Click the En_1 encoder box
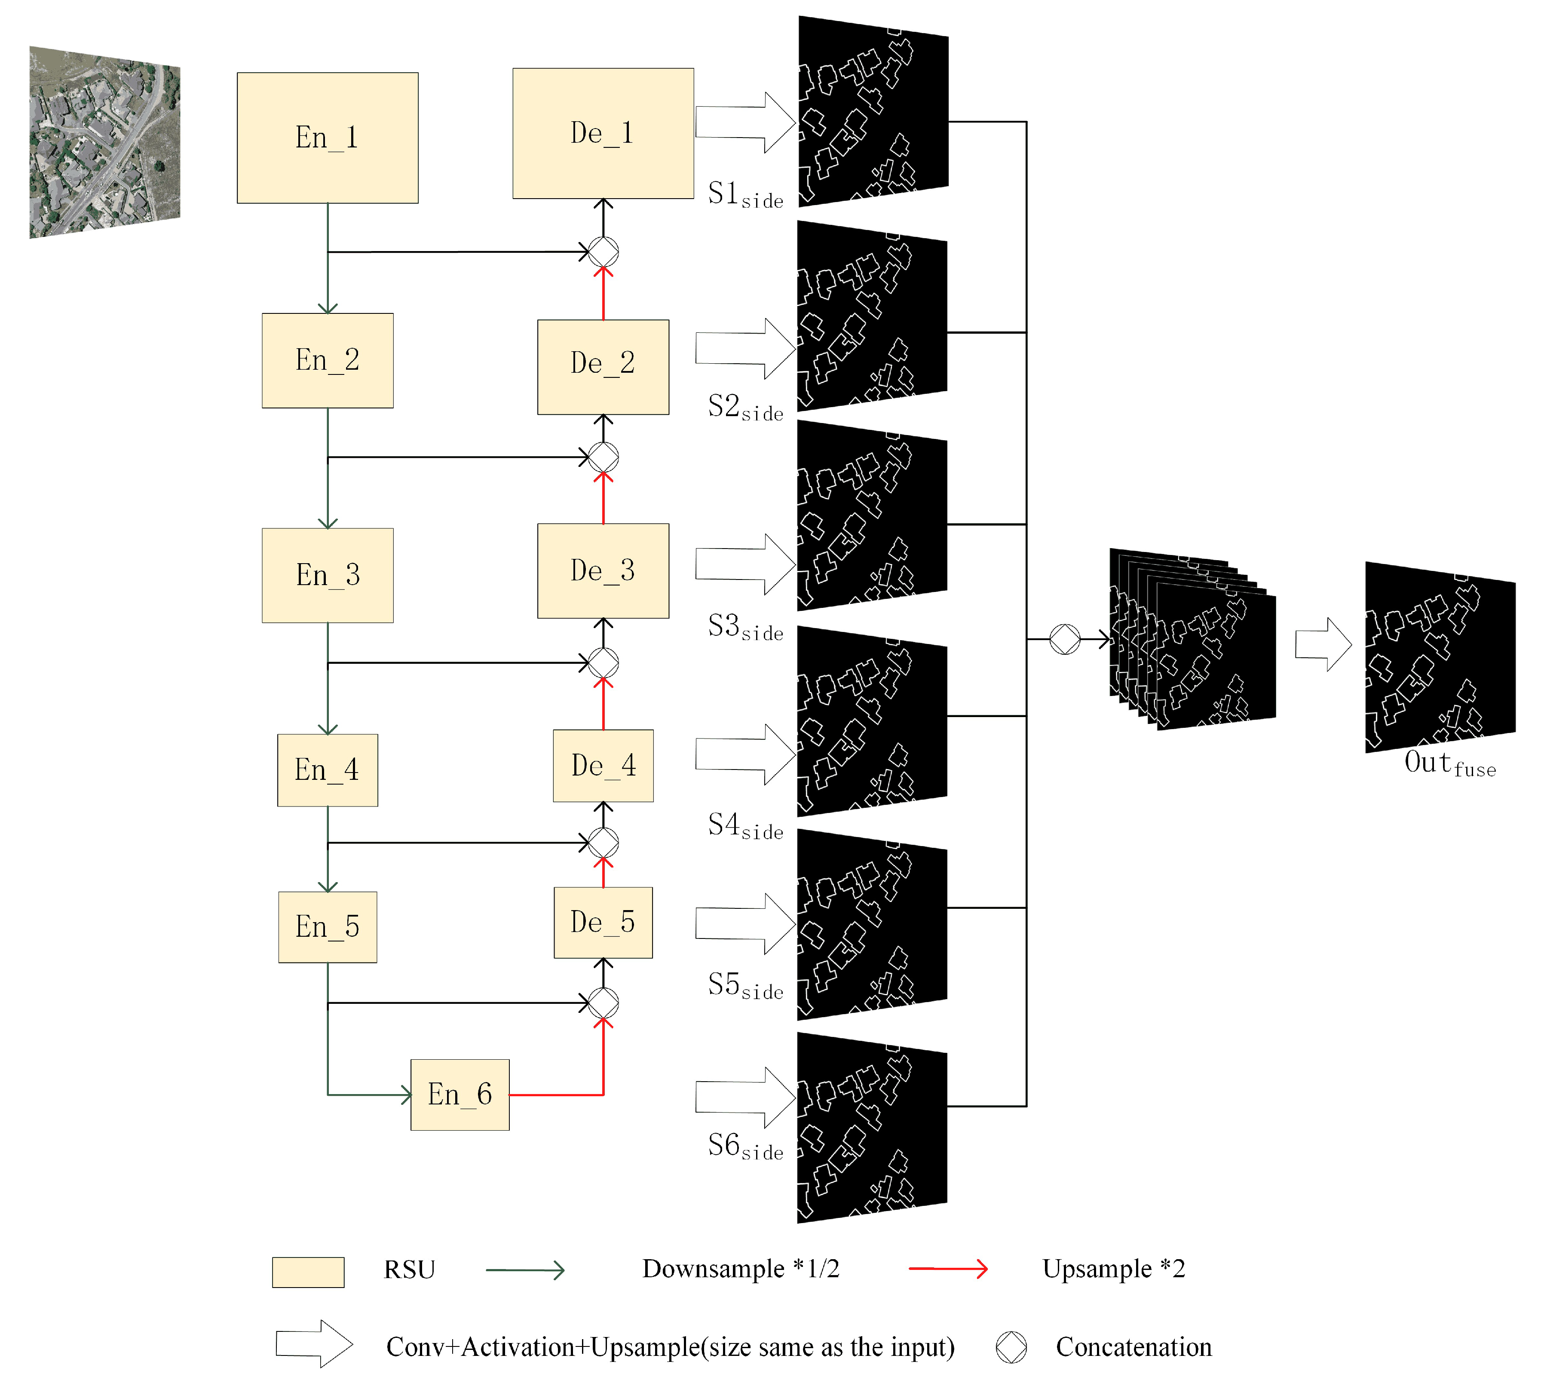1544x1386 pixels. tap(328, 138)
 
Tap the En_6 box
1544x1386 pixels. tap(460, 1095)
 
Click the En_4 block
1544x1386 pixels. tap(328, 770)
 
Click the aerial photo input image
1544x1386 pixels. tap(104, 142)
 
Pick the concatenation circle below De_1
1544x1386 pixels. tap(603, 251)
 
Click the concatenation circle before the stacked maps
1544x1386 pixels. tap(1064, 639)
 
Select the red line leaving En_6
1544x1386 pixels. tap(556, 1095)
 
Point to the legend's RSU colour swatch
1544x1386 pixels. tap(308, 1272)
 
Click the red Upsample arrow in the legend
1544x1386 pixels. tap(948, 1269)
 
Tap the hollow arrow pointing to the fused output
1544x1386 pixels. tap(1323, 644)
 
